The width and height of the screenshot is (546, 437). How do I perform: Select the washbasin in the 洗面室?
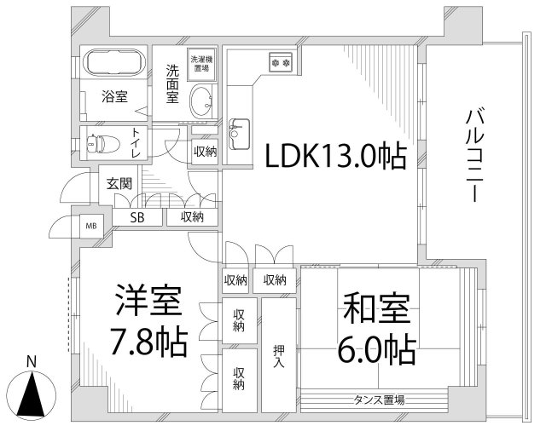(x=201, y=101)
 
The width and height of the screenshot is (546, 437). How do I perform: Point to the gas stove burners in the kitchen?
(x=282, y=61)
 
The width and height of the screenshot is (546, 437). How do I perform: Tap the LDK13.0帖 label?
(x=334, y=157)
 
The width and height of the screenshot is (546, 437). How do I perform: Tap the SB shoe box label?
(x=136, y=217)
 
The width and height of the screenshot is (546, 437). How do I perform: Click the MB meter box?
(x=90, y=226)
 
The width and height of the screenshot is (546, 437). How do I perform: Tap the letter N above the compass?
(x=32, y=360)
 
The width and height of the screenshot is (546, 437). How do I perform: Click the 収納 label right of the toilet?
(x=205, y=152)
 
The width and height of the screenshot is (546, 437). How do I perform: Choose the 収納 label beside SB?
(x=192, y=217)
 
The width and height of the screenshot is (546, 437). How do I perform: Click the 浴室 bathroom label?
(x=116, y=96)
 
